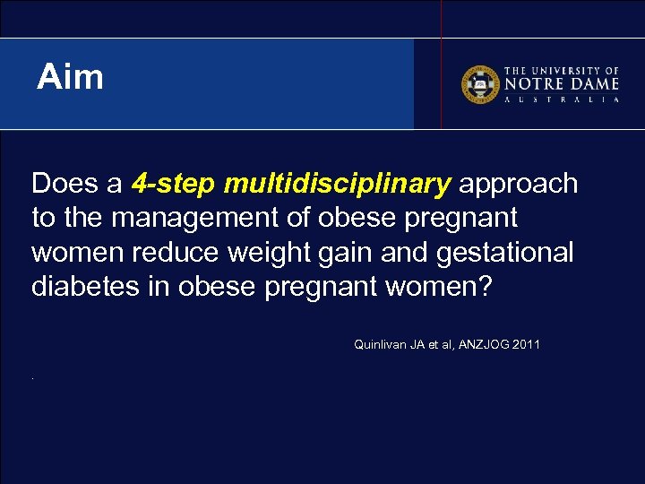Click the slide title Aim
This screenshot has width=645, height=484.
point(70,78)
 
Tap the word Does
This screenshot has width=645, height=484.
point(64,184)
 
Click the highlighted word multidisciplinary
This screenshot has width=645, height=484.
point(338,185)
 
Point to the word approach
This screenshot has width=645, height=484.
point(518,185)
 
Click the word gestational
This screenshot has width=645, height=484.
point(504,254)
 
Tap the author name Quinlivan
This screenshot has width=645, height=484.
point(383,344)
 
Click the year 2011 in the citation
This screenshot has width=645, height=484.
point(526,344)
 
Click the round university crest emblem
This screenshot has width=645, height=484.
point(479,83)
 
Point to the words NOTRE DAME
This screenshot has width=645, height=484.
point(562,83)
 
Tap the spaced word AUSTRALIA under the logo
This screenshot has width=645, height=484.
point(562,99)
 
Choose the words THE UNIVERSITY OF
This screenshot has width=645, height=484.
point(562,70)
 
